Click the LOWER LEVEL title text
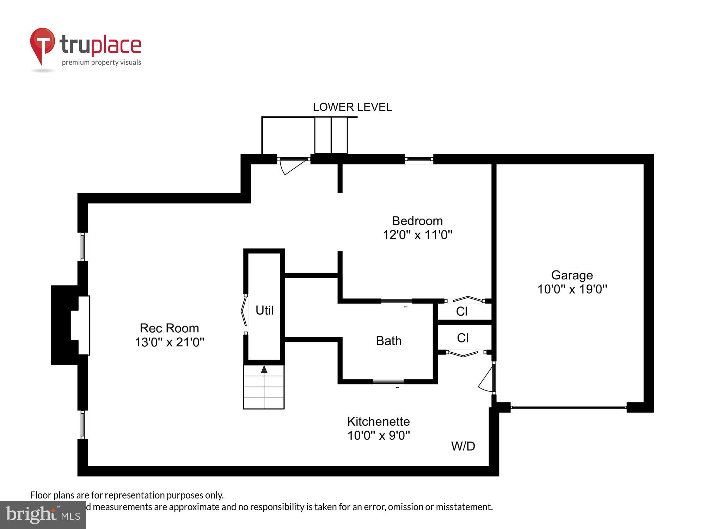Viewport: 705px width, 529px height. coord(352,107)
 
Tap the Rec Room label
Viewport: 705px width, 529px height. coord(169,328)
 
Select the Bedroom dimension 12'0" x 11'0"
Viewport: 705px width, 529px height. coord(417,235)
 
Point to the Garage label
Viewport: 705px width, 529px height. coord(572,275)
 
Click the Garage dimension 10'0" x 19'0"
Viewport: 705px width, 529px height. coord(572,289)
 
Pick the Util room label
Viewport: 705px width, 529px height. coord(264,310)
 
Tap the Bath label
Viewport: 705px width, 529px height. coord(388,341)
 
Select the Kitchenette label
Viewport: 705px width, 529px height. coord(378,421)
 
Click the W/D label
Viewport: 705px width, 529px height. coord(463,446)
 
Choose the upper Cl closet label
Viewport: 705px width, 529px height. coord(461,311)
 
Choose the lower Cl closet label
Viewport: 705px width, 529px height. coord(462,338)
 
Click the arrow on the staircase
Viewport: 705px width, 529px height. coord(264,369)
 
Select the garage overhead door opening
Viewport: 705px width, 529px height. coord(568,407)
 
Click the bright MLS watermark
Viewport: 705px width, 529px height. coord(43,515)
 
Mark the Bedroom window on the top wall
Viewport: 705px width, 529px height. coord(418,159)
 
